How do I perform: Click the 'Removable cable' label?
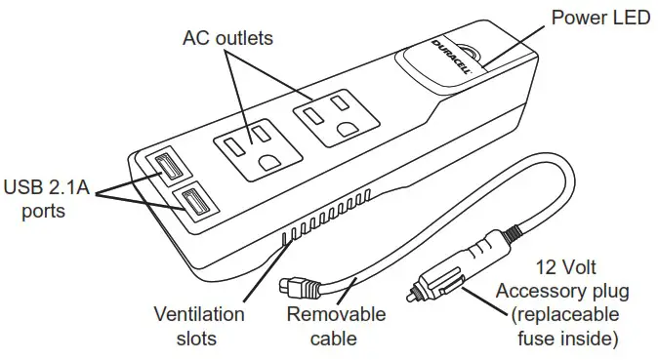pyautogui.click(x=336, y=327)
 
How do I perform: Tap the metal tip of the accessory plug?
pyautogui.click(x=411, y=292)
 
